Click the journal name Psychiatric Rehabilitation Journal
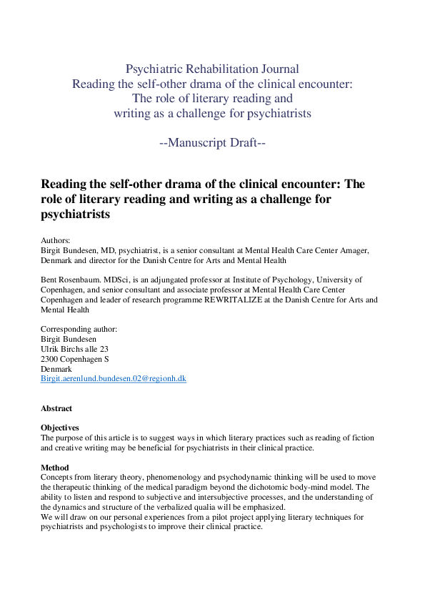point(212,69)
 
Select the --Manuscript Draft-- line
point(212,142)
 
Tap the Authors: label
point(56,241)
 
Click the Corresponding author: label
point(79,330)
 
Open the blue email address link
point(114,378)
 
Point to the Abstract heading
point(56,408)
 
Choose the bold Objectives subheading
point(59,428)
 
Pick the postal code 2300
point(51,359)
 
